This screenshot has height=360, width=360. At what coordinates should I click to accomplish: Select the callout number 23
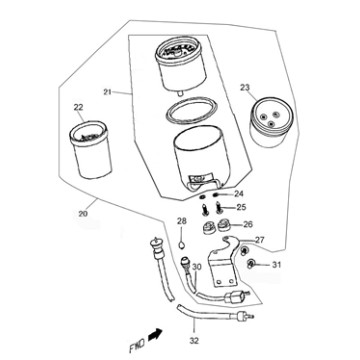(245, 88)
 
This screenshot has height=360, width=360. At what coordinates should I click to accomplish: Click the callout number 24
(239, 193)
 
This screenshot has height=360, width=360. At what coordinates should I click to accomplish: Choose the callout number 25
(241, 208)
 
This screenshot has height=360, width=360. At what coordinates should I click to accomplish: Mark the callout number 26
(249, 225)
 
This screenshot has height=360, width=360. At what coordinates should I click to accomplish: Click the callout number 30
(197, 267)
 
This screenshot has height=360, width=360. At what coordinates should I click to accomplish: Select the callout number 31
(278, 264)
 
